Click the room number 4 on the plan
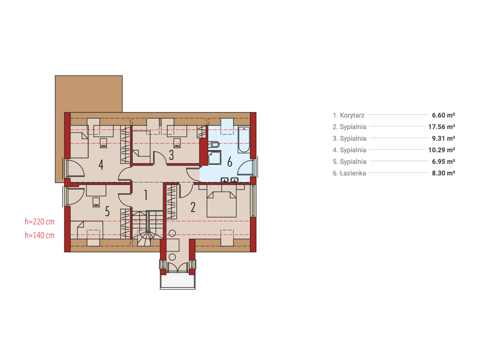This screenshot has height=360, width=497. pos(101,165)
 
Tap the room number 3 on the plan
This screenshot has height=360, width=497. pos(171,155)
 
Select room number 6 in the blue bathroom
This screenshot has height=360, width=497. pos(229,162)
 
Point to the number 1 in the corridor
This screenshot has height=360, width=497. pos(145,195)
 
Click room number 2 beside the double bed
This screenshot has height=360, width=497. pos(193,207)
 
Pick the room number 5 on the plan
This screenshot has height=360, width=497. pos(107,211)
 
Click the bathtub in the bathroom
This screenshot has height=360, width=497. pos(244,139)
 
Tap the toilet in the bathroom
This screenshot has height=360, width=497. pos(214,144)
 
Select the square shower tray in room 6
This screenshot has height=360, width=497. pos(215,158)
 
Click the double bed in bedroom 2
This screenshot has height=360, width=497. pos(221,201)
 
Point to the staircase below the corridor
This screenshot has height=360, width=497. pos(147,228)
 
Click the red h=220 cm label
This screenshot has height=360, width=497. pos(39,221)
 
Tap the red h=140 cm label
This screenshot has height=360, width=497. pos(39,235)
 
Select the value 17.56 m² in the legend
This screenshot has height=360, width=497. pos(442,127)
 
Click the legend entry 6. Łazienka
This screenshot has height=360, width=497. pos(349,173)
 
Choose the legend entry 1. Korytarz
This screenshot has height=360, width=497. pos(348,115)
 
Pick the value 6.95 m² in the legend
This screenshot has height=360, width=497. pos(443,162)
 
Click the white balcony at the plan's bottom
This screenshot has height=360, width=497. pos(178,282)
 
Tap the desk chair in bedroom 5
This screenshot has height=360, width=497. pos(96,202)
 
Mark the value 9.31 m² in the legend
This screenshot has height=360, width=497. pos(443,138)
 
